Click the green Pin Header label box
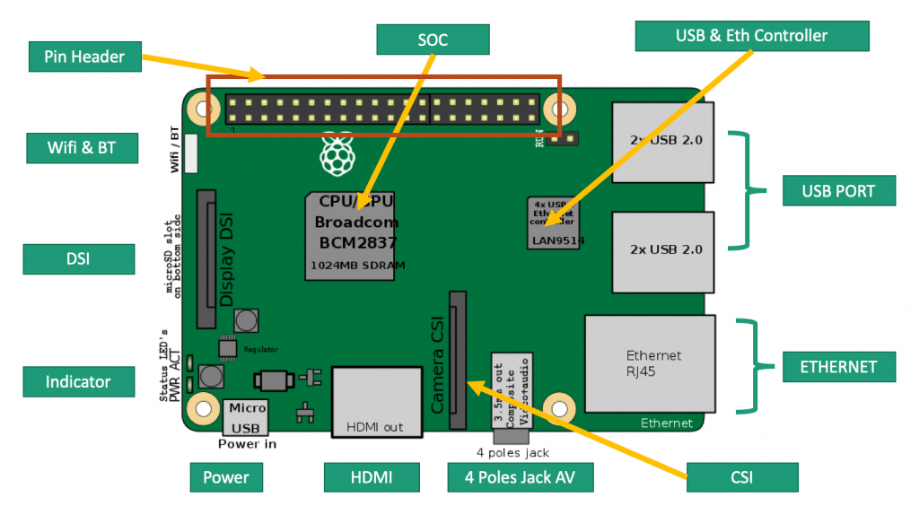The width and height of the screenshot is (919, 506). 84,57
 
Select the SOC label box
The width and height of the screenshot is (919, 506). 433,40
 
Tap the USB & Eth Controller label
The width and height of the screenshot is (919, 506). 751,36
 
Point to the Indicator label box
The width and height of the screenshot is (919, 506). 78,381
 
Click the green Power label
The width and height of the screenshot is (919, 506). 226,477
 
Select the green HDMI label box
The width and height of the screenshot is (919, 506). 371,477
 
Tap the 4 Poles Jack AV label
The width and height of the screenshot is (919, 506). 521,477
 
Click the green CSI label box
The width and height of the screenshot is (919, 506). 742,477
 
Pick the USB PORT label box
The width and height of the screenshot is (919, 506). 837,191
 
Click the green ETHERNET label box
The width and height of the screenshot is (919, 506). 837,367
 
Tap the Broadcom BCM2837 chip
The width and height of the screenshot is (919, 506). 351,235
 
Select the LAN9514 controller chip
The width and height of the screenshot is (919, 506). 553,222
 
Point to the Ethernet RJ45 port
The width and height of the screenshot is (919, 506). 650,362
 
